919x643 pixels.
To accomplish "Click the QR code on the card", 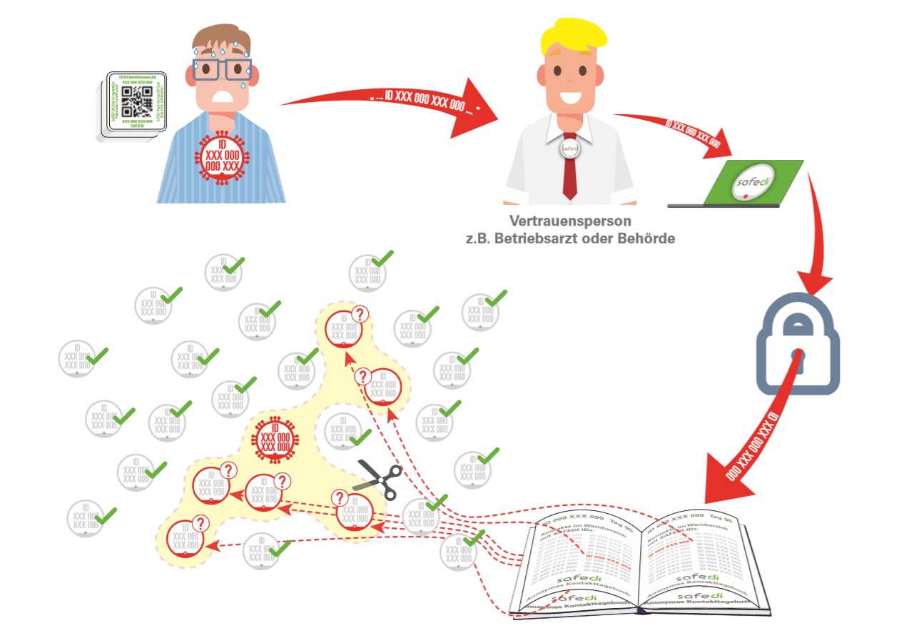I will click(136, 103).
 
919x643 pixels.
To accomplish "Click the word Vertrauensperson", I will click(570, 221).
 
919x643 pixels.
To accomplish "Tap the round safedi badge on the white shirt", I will click(569, 148).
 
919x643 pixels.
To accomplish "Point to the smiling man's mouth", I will click(569, 94).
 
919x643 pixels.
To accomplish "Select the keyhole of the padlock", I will click(797, 357).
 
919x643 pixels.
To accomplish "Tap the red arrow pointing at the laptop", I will click(678, 132).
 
